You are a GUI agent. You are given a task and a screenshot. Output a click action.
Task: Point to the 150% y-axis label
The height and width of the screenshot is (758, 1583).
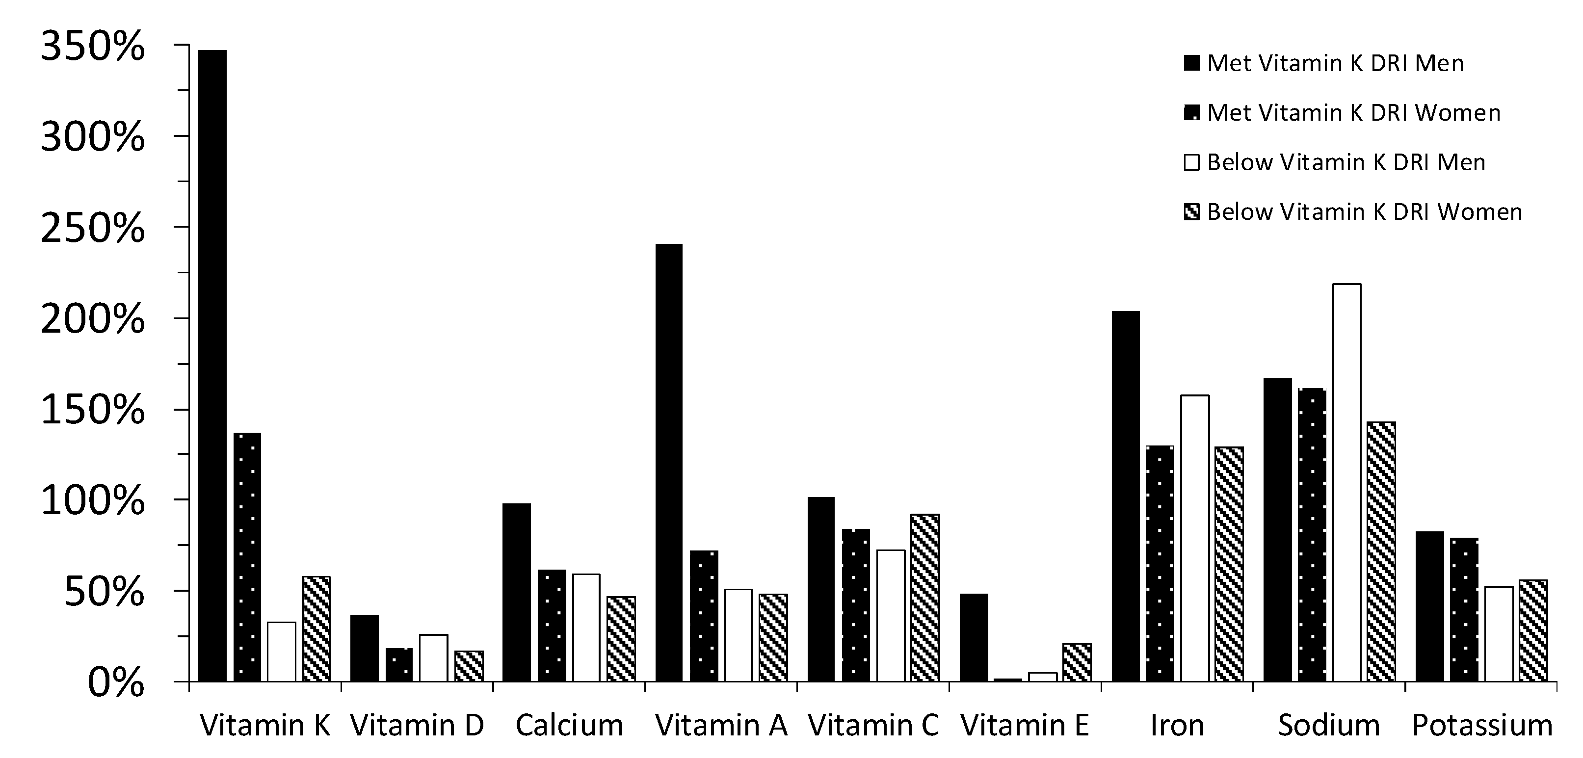(92, 410)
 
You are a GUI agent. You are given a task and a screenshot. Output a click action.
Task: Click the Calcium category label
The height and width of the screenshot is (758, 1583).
(569, 726)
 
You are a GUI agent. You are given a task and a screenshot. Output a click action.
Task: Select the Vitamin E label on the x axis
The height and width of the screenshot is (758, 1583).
(1025, 726)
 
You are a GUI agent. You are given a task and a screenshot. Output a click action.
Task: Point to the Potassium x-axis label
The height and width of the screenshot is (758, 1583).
(1481, 726)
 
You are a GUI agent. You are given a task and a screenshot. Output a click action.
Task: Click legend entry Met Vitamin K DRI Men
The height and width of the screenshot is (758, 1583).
(1335, 63)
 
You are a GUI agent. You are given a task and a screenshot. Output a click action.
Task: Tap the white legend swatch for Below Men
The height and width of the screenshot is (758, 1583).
(1191, 163)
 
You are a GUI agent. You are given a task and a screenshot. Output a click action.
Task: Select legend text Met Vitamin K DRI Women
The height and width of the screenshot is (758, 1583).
(1354, 113)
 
